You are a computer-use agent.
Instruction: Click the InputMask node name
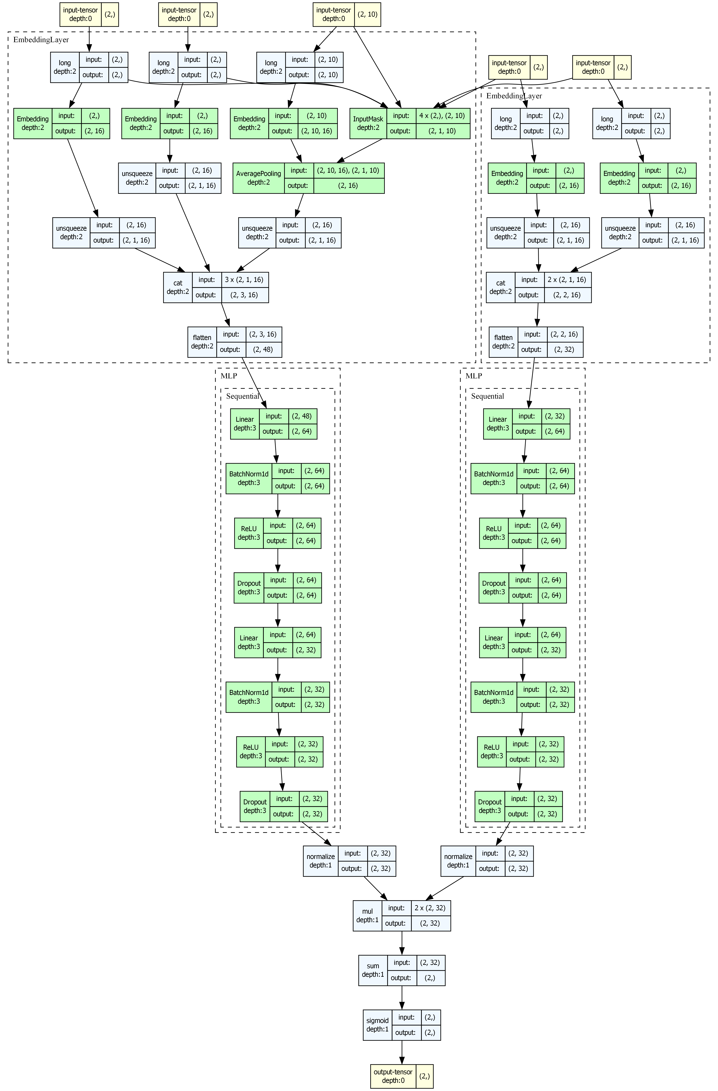pos(368,123)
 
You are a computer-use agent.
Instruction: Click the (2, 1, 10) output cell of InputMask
pos(442,131)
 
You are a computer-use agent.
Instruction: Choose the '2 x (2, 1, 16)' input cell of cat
pos(567,280)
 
